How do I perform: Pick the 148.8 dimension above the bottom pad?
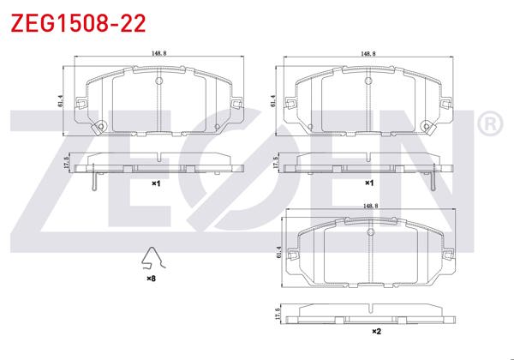[371, 206]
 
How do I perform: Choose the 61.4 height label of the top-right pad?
[273, 101]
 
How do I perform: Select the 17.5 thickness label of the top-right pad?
[273, 164]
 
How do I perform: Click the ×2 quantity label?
[375, 331]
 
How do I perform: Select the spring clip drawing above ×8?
[152, 260]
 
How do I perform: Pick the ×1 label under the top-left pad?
[156, 183]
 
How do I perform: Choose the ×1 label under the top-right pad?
[369, 183]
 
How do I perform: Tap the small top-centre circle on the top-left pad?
[158, 81]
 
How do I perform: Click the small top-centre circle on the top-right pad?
[368, 81]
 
